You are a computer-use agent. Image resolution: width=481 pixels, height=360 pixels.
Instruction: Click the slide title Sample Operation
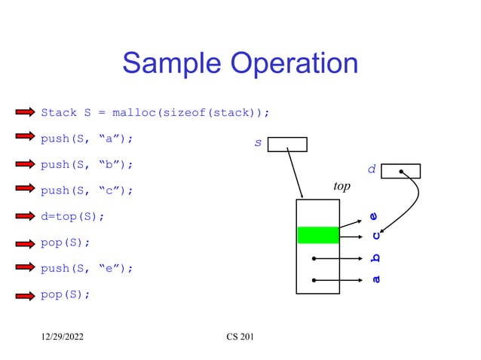(240, 63)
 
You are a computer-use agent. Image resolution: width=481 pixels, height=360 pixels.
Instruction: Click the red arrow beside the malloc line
(25, 113)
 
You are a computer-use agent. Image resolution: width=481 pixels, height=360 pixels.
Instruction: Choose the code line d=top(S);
(72, 217)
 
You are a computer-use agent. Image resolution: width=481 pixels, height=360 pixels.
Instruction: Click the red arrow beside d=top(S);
(25, 216)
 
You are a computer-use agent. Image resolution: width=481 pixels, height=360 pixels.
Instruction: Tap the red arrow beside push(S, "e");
(25, 267)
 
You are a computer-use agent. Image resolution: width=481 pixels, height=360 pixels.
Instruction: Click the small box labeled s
(287, 145)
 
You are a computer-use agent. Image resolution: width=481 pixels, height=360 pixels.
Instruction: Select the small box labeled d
(400, 171)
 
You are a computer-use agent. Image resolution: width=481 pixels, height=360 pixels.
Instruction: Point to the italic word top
(342, 186)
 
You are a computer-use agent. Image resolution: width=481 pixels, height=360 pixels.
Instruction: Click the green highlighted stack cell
(318, 235)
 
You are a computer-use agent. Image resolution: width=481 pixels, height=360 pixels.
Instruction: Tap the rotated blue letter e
(374, 216)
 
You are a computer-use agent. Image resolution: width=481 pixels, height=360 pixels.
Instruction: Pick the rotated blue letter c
(375, 235)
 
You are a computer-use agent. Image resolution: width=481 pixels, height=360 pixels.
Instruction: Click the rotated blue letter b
(375, 258)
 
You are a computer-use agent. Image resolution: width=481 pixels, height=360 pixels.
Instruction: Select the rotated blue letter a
(375, 280)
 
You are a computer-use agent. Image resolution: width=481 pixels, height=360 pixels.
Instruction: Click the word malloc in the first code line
(133, 113)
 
